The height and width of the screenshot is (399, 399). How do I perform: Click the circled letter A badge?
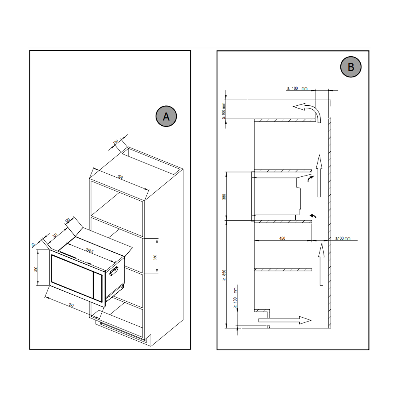coord(166,116)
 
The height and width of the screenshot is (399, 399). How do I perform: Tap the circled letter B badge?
coord(351,67)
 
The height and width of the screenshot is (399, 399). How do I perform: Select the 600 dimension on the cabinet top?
coord(120,177)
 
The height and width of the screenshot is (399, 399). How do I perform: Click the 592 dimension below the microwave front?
coord(71,305)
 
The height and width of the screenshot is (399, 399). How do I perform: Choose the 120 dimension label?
coord(67,220)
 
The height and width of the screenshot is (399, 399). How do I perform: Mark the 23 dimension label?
coord(33,245)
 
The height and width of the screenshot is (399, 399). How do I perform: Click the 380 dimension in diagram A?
coord(155,257)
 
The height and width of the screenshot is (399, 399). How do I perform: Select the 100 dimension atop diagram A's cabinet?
coord(116,142)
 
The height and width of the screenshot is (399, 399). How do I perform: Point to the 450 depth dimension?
coord(282,238)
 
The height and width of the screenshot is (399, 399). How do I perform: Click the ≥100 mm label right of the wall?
coord(343,238)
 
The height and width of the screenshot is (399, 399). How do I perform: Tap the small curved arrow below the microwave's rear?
coord(314,216)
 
